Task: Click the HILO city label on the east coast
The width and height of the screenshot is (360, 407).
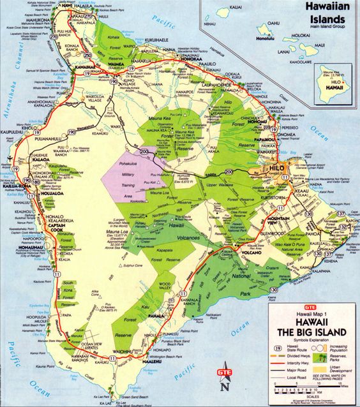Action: [x=295, y=167]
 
